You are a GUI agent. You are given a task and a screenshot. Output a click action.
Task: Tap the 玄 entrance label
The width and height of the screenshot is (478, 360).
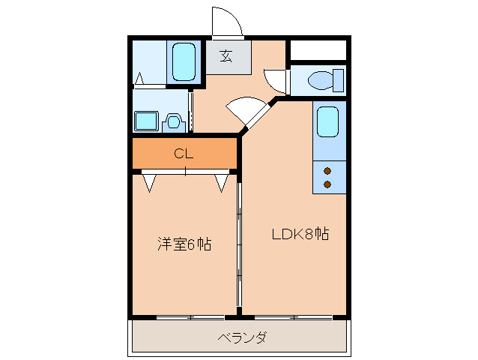[225, 55]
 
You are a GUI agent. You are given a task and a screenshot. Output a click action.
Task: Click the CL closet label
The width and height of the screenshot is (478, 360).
[184, 154]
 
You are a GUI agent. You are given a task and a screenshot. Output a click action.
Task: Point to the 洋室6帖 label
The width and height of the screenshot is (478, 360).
[184, 244]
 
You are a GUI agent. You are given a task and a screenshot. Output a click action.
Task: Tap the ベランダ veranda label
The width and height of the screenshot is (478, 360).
[242, 337]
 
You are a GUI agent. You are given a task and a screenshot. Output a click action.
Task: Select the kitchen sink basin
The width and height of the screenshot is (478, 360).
[328, 121]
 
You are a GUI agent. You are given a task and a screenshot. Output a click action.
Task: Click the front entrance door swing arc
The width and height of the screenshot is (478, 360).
[227, 21]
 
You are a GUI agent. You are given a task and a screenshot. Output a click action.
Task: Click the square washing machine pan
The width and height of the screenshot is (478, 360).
[145, 121]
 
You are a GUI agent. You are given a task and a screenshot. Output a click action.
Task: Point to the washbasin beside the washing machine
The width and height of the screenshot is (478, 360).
[174, 121]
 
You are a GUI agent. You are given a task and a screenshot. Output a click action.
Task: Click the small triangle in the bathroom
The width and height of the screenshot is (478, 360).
[141, 78]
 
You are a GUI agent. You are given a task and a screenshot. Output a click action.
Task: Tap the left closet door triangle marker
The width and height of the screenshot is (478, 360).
[148, 182]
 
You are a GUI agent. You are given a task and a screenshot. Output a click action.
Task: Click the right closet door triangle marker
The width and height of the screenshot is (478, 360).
[222, 182]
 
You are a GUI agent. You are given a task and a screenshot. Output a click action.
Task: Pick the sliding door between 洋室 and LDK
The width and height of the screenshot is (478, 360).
[239, 240]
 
